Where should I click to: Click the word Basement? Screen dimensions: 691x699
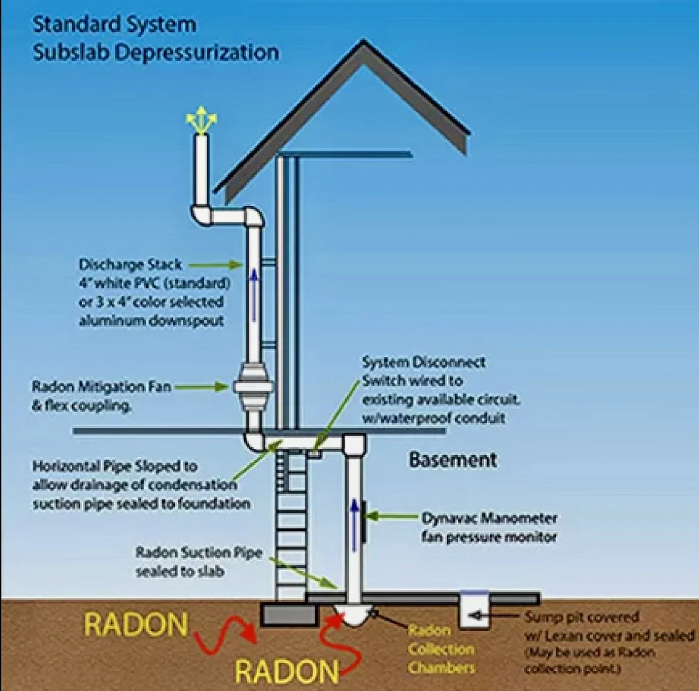pyautogui.click(x=452, y=459)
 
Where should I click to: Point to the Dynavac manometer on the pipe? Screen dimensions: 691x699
pyautogui.click(x=364, y=519)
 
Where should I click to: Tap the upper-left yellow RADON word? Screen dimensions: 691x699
pyautogui.click(x=136, y=624)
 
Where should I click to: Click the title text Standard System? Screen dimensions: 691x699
pyautogui.click(x=114, y=25)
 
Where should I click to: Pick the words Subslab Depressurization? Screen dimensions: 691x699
pyautogui.click(x=156, y=52)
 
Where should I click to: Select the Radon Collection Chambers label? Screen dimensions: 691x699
pyautogui.click(x=440, y=649)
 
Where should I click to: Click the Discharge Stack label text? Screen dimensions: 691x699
pyautogui.click(x=130, y=265)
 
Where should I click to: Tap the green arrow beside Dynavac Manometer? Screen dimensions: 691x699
pyautogui.click(x=392, y=518)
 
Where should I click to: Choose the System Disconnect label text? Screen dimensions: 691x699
pyautogui.click(x=423, y=362)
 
